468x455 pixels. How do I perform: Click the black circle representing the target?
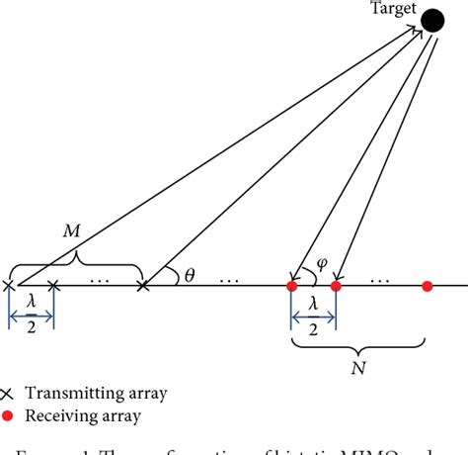[432, 20]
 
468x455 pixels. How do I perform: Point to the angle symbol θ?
[188, 277]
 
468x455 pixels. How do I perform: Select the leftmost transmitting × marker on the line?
[9, 287]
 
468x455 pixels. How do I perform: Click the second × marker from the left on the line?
[53, 287]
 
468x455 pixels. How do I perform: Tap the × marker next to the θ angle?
[143, 287]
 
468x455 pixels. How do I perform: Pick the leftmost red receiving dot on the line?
[291, 287]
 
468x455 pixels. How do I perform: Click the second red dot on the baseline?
[336, 287]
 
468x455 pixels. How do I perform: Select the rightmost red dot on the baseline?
[427, 287]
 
